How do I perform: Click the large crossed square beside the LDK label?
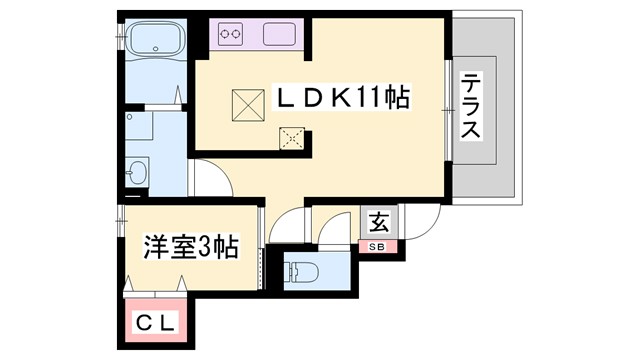click(246, 104)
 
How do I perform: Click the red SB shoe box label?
click(378, 246)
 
